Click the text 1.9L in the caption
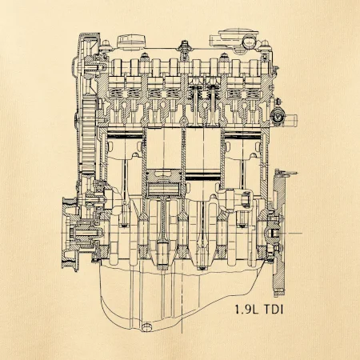click(x=246, y=310)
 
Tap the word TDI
click(x=274, y=310)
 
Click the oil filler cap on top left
click(x=132, y=42)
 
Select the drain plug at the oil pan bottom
click(x=146, y=327)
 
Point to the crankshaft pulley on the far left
click(x=70, y=234)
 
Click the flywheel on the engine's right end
click(x=279, y=233)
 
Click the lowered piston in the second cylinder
click(x=164, y=182)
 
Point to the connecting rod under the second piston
click(x=163, y=230)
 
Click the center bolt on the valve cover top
click(x=184, y=46)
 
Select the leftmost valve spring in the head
click(x=117, y=93)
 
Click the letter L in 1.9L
click(x=255, y=310)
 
